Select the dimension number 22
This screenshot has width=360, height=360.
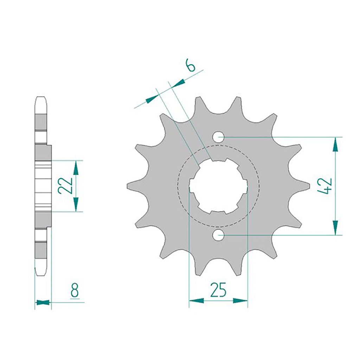(65, 186)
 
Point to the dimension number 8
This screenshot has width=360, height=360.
(75, 290)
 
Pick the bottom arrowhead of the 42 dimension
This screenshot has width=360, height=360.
(335, 228)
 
